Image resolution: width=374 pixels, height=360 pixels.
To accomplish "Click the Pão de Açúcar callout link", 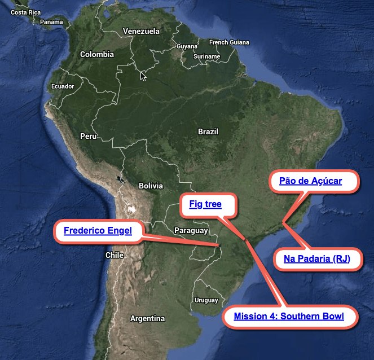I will tap(311, 181).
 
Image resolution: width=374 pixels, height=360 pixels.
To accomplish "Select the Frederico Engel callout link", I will tap(98, 230).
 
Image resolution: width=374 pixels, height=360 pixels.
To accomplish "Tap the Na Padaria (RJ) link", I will tap(317, 258).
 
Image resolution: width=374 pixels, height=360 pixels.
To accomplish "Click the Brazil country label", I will tap(208, 131).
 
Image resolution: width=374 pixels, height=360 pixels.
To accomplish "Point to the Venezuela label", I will tap(141, 31).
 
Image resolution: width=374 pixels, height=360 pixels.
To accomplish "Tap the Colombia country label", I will tap(97, 55).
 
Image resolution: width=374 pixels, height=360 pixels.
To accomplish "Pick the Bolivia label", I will tap(151, 186).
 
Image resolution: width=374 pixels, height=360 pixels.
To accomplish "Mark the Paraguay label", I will tap(191, 230).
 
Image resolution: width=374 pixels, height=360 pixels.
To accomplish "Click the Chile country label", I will tap(115, 255).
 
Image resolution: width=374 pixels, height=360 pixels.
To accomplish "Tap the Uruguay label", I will tap(205, 300).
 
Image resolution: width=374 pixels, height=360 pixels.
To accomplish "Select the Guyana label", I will tap(187, 46).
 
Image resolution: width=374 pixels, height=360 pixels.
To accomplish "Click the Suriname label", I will tap(206, 56).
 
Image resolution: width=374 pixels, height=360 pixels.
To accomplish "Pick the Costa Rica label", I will tap(26, 12).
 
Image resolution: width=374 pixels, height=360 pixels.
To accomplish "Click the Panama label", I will tap(52, 22).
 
